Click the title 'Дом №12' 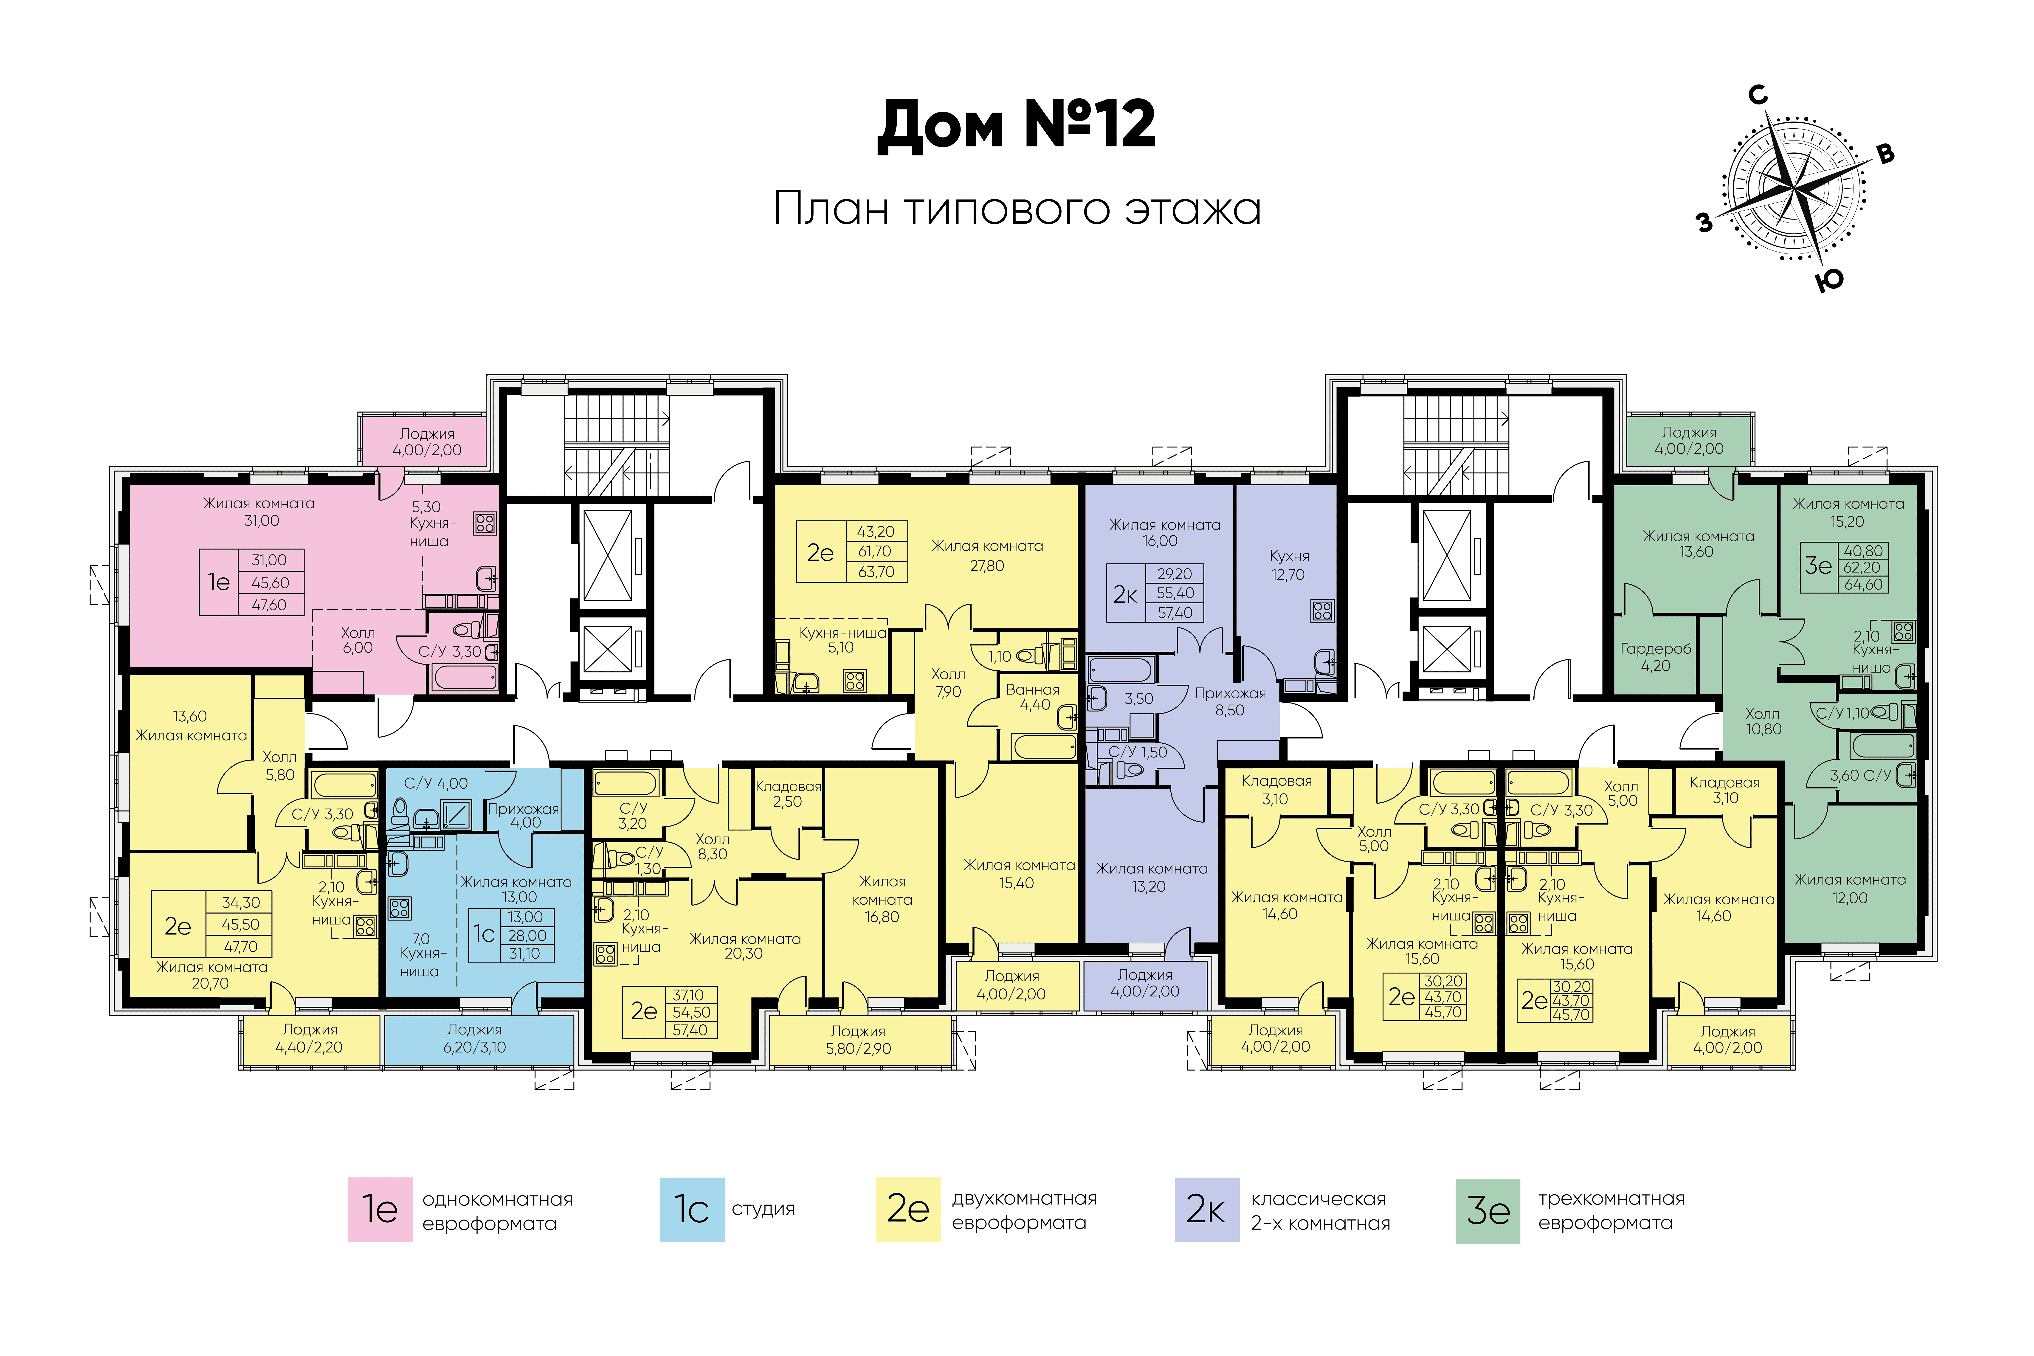pos(1016,125)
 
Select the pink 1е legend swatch pos(380,1209)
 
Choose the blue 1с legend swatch pos(692,1209)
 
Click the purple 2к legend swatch pos(1206,1209)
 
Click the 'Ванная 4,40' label pos(1034,697)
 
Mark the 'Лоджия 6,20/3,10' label pos(475,1038)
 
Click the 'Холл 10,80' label pos(1763,721)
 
